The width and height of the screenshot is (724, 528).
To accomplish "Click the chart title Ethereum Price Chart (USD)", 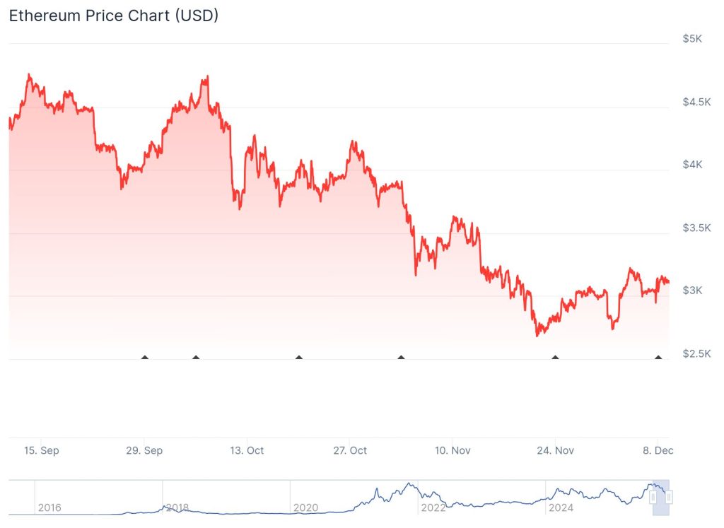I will point(113,16).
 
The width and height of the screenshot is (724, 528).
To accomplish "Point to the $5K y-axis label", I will point(692,39).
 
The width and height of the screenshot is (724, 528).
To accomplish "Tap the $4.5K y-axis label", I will point(696,102).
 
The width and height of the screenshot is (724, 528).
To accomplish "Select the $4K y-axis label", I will point(692,165).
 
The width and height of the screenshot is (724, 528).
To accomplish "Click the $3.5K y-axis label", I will point(696,228).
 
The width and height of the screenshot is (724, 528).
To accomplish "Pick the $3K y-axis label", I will point(692,291).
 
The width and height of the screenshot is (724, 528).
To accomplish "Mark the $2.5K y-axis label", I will point(696,353).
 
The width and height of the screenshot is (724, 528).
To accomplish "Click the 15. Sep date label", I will point(41,450).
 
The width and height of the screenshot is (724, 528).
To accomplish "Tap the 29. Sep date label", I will point(144,450).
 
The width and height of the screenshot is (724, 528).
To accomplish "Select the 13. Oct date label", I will point(247,450).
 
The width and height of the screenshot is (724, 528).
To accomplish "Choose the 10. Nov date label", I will point(452,450).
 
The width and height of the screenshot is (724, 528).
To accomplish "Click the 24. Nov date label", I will point(555,450).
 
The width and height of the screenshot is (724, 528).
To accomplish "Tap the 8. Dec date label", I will point(657,450).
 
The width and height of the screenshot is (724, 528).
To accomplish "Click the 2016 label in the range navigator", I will point(49,508).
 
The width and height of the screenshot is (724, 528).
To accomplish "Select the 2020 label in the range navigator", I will point(305,508).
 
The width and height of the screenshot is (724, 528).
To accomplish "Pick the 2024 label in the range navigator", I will point(561,508).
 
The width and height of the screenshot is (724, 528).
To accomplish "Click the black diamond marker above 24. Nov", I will point(555,358).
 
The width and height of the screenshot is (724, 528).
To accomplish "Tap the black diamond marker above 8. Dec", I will point(658,358).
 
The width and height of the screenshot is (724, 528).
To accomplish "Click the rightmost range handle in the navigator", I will point(669,498).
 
